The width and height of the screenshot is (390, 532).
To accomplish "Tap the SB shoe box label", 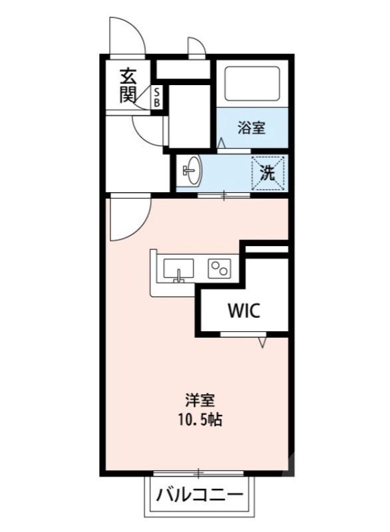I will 157,97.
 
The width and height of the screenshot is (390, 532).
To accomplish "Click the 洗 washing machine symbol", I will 268,173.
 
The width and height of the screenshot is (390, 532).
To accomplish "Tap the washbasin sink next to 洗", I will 191,172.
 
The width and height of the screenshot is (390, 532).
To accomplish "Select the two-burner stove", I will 219,268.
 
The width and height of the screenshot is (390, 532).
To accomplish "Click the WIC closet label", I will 242,310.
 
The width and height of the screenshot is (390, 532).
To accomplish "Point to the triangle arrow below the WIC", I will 264,342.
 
